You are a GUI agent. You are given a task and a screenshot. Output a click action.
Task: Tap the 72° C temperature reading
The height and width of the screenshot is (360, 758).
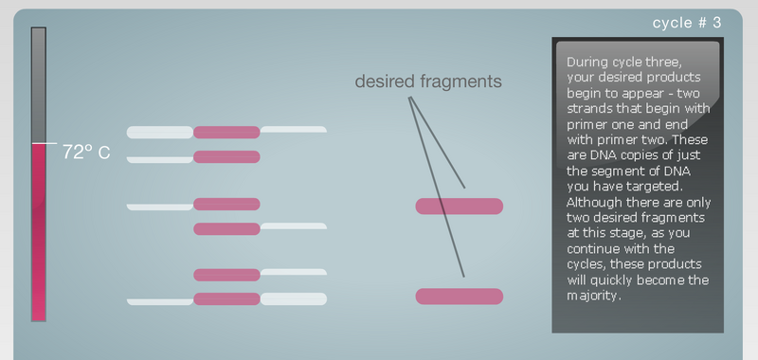86,152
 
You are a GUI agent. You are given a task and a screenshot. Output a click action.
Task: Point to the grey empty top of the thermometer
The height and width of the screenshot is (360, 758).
39,85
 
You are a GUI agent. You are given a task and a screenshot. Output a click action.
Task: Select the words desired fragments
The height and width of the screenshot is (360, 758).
427,81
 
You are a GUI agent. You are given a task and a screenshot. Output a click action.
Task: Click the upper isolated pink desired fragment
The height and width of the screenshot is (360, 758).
460,206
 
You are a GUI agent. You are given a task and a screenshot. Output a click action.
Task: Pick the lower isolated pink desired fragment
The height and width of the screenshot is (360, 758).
460,297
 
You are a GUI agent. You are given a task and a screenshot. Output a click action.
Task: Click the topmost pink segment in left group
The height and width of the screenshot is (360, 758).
226,132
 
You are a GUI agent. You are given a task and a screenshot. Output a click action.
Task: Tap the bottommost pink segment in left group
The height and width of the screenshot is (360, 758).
226,299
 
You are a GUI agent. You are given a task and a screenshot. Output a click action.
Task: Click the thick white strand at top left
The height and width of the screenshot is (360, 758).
159,132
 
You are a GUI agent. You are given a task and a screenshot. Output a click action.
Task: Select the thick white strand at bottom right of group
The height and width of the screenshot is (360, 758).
293,299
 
